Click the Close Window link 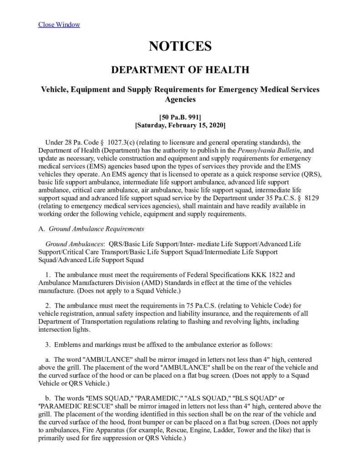[59, 24]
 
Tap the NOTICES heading [180, 46]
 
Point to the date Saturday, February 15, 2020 [180, 125]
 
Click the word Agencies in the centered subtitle [180, 99]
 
